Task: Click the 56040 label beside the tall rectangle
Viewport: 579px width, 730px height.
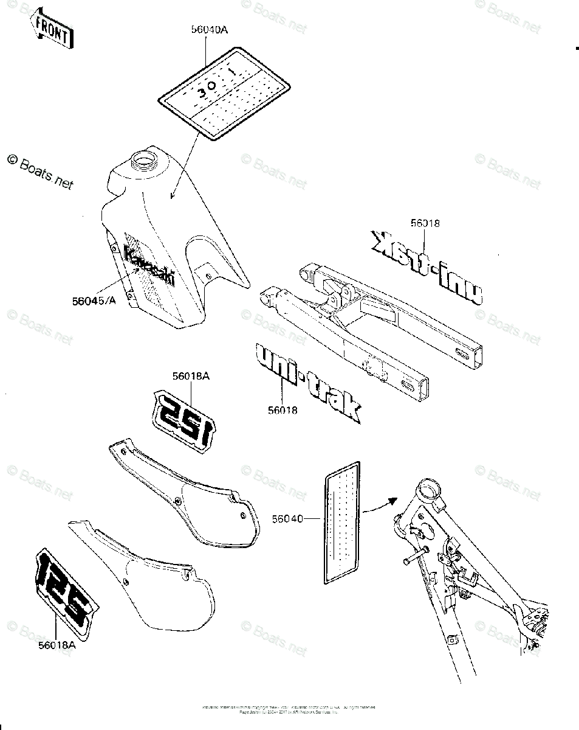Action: (288, 518)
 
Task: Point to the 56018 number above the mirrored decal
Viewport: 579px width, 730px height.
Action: (425, 223)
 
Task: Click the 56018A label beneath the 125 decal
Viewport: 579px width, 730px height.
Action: (55, 645)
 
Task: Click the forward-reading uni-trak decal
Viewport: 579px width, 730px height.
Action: (307, 382)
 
